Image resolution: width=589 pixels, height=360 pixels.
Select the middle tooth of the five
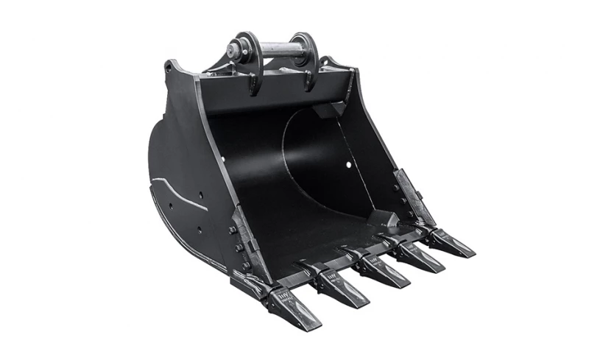(379, 269)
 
